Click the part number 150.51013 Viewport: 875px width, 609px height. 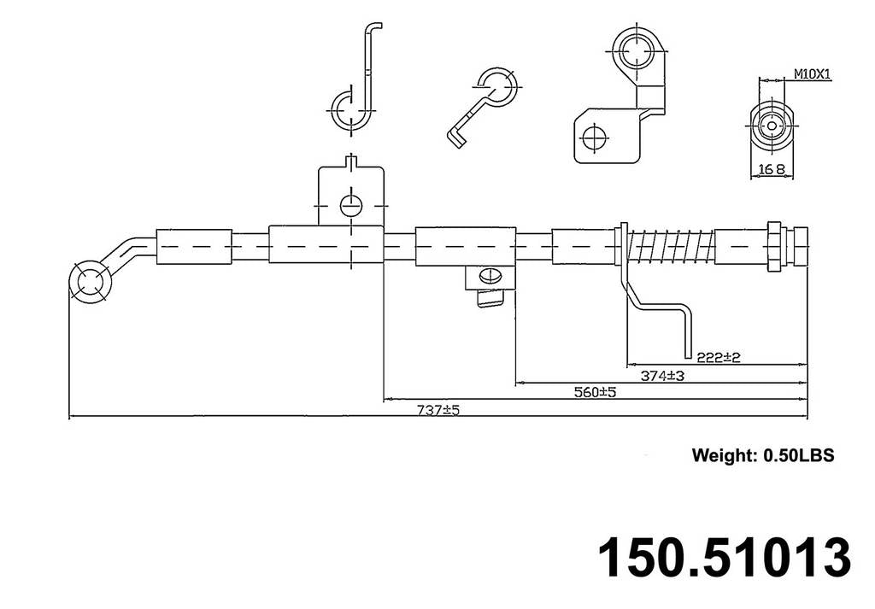[x=723, y=557]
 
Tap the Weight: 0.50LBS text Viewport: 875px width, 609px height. [x=762, y=455]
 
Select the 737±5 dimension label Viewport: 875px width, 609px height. [x=437, y=410]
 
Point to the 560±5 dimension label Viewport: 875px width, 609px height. [x=595, y=392]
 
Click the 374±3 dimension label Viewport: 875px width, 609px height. [x=662, y=375]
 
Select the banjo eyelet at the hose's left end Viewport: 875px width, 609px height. [x=89, y=282]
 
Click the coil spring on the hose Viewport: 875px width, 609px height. [x=671, y=248]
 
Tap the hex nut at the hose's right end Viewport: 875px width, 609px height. [x=773, y=247]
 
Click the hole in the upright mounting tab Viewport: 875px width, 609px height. [x=351, y=205]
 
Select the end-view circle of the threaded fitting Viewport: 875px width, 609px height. [x=772, y=126]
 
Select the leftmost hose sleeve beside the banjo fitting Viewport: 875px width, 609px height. [x=194, y=248]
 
